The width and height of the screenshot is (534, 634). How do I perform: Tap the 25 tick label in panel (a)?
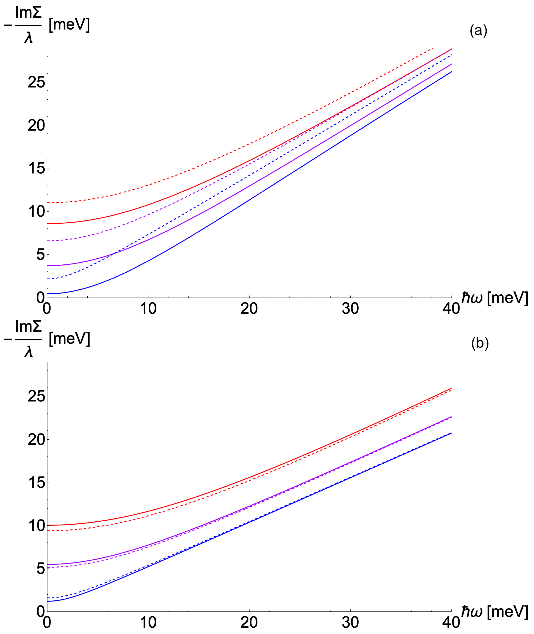point(36,82)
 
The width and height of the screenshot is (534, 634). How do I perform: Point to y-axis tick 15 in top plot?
point(36,168)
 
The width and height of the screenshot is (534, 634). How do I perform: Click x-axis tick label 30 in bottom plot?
point(350,623)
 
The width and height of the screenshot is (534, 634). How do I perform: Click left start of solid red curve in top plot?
point(48,223)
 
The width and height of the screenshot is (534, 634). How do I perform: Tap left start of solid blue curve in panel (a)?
point(48,294)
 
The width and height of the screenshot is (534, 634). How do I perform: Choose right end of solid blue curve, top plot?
point(451,71)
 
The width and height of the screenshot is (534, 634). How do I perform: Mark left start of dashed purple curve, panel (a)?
point(48,241)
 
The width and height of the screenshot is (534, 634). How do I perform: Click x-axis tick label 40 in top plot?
point(451,308)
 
